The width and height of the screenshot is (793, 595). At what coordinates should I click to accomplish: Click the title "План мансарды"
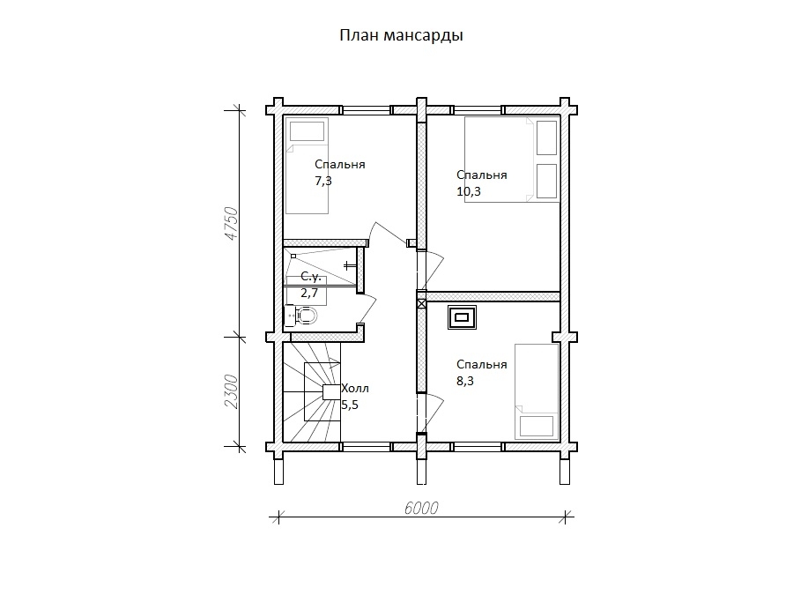pyautogui.click(x=401, y=36)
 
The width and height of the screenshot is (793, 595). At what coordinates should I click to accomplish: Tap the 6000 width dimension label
pyautogui.click(x=421, y=508)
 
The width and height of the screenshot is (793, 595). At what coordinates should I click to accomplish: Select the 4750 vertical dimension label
pyautogui.click(x=231, y=223)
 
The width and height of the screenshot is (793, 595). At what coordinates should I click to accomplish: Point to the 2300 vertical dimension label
pyautogui.click(x=231, y=391)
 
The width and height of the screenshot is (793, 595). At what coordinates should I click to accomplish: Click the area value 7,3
pyautogui.click(x=323, y=181)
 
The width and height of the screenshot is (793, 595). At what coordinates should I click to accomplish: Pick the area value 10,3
pyautogui.click(x=469, y=191)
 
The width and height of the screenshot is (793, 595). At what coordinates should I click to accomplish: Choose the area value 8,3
pyautogui.click(x=464, y=381)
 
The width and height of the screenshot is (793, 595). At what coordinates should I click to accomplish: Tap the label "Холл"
pyautogui.click(x=355, y=389)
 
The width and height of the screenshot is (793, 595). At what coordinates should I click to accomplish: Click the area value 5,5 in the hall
pyautogui.click(x=350, y=405)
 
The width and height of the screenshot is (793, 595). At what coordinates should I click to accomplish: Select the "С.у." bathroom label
pyautogui.click(x=311, y=276)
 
